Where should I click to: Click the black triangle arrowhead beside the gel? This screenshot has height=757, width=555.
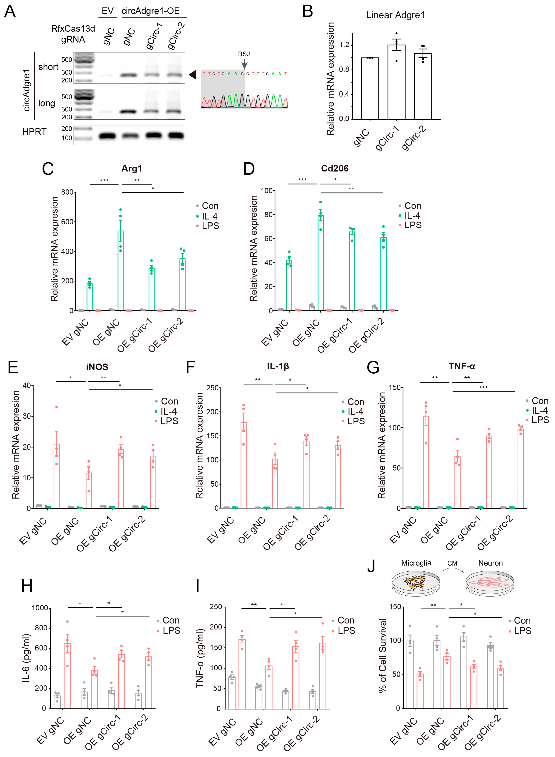tap(192, 75)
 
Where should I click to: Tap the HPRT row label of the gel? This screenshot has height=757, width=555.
tap(34, 132)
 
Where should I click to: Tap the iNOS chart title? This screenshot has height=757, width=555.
tap(97, 367)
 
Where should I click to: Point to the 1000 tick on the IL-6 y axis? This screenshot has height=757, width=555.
tap(40, 608)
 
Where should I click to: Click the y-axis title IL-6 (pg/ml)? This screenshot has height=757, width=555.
tap(26, 658)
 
